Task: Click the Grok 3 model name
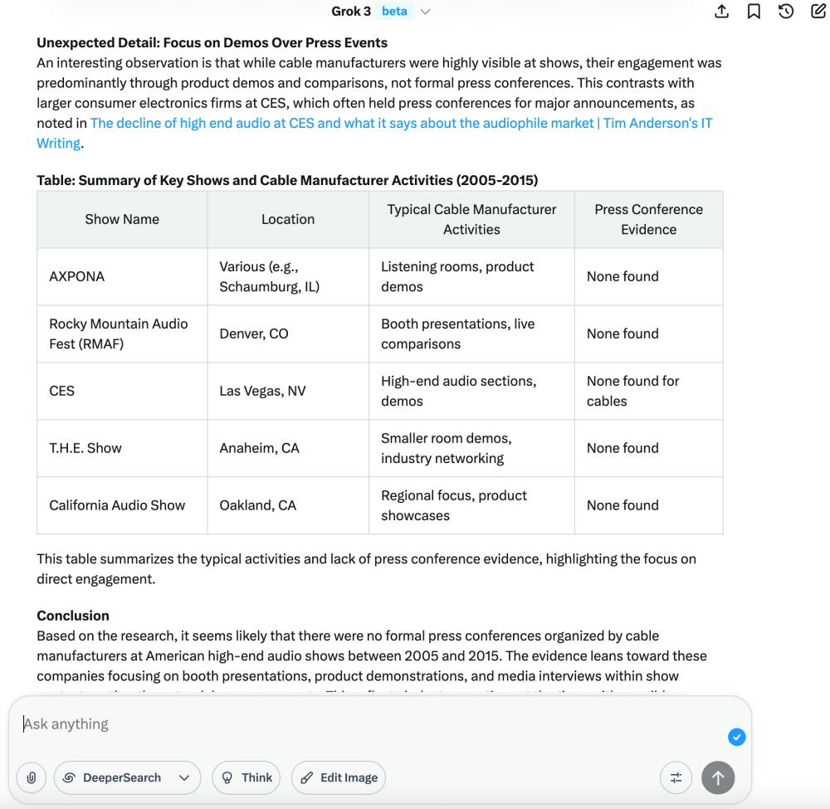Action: [351, 11]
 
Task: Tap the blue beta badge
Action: [394, 11]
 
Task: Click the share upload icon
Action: [721, 12]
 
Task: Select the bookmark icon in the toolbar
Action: [754, 12]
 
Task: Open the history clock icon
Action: [786, 12]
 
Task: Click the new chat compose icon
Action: [818, 12]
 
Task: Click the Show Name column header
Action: [122, 219]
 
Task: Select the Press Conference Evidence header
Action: [648, 219]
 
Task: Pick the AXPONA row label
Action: [77, 276]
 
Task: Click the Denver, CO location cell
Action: [254, 334]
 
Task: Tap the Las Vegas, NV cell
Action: [262, 391]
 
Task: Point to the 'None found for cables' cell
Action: [632, 391]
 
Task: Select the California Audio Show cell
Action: [117, 505]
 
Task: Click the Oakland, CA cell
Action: [257, 505]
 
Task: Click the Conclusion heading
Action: [73, 616]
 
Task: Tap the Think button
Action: [247, 777]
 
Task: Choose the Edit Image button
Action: [339, 777]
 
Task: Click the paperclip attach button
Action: [32, 777]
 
